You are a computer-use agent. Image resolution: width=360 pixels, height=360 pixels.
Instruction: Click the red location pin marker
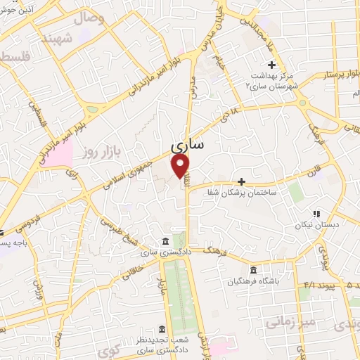click(181, 165)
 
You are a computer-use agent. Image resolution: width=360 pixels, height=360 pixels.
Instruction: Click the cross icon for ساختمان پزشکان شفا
click(241, 181)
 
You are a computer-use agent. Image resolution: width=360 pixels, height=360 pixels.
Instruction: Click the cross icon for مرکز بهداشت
click(272, 65)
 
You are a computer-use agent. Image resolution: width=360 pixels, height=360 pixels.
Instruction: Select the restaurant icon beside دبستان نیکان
click(316, 213)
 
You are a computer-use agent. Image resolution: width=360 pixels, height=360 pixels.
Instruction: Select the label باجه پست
click(13, 243)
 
